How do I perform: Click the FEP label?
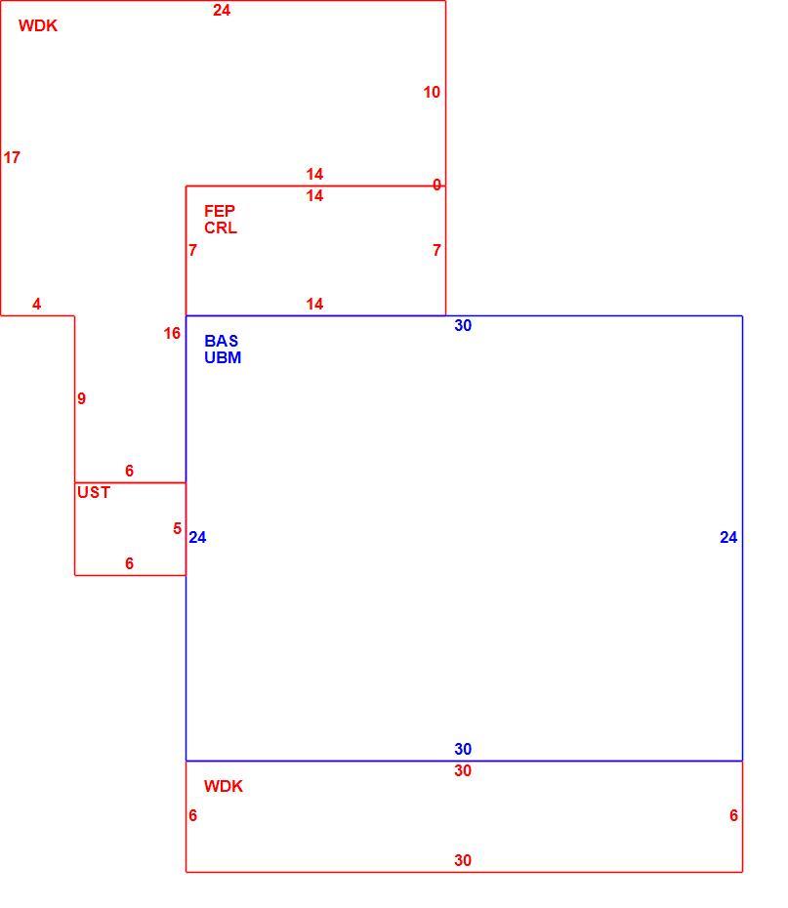click(x=220, y=211)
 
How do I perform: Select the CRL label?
click(x=221, y=227)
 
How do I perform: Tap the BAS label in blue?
click(x=222, y=341)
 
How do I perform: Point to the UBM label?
click(x=223, y=357)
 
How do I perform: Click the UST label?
click(x=94, y=492)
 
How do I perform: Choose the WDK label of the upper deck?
click(x=38, y=25)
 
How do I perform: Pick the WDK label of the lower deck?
click(x=224, y=786)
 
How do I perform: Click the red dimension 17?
click(x=12, y=157)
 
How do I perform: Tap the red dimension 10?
click(x=432, y=92)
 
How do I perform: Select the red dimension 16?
click(x=172, y=334)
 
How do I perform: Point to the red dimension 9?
click(x=82, y=398)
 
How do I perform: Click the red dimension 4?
click(x=36, y=304)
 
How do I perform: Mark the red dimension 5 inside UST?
click(x=177, y=528)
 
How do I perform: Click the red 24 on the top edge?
click(x=222, y=11)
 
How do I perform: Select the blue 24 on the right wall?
click(x=728, y=537)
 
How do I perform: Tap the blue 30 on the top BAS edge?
click(x=463, y=325)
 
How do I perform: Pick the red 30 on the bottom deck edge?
click(x=463, y=860)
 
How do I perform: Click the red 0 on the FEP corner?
click(x=436, y=185)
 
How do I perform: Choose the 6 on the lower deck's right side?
click(x=733, y=815)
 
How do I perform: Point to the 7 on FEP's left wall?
click(x=192, y=250)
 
